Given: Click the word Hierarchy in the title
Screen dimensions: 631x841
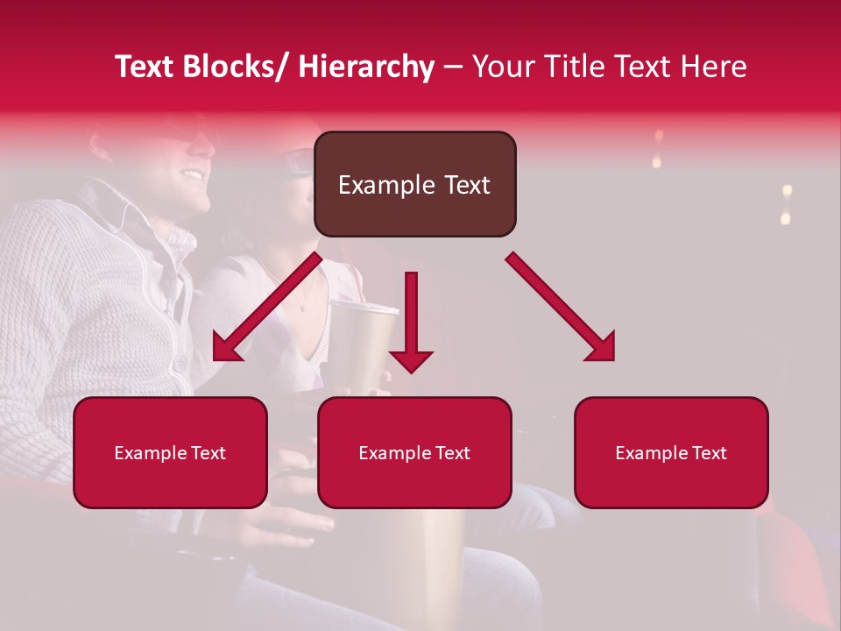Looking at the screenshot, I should [366, 67].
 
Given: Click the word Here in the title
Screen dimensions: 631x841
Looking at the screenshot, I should [712, 67].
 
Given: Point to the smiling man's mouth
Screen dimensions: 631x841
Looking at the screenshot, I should [191, 174].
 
